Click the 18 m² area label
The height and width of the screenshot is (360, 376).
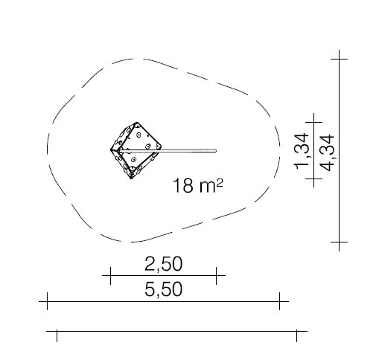(x=197, y=185)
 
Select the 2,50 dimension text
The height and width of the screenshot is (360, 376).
(x=164, y=264)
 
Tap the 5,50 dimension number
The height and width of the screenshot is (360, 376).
(x=164, y=289)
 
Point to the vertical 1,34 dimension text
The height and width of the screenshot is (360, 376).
(x=302, y=151)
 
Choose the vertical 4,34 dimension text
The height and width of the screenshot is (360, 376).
(x=328, y=152)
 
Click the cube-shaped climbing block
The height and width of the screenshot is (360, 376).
(x=136, y=150)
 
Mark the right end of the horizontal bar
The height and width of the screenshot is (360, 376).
(x=216, y=150)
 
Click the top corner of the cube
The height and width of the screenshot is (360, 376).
(x=136, y=123)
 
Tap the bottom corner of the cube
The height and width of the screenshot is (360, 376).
(x=131, y=178)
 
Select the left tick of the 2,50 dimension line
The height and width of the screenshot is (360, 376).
(x=110, y=275)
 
